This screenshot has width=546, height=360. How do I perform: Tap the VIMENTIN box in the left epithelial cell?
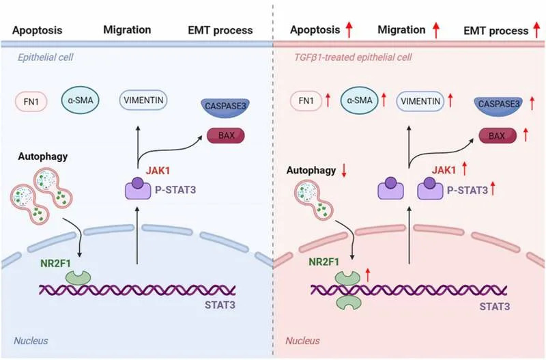tap(143, 100)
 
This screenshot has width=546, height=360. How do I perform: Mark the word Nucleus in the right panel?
tap(302, 340)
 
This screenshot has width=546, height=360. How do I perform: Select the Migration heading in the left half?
tap(126, 30)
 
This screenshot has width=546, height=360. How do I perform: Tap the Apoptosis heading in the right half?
tap(315, 30)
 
